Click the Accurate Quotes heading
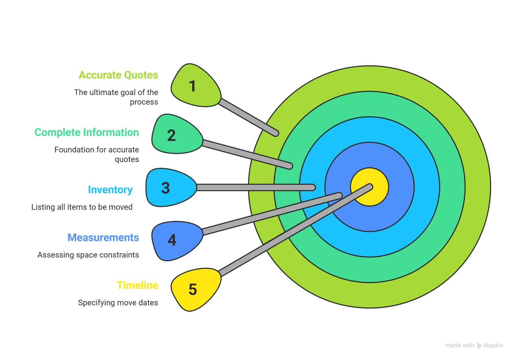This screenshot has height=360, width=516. click(118, 75)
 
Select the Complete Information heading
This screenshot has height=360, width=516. click(86, 133)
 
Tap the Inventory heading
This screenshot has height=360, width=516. click(110, 190)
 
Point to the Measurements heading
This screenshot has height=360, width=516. click(103, 238)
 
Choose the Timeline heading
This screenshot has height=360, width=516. click(137, 285)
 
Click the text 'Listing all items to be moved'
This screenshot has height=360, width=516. click(82, 207)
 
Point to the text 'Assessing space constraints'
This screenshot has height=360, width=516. click(88, 255)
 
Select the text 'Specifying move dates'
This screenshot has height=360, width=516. click(118, 303)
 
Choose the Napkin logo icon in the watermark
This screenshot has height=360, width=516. click(479, 345)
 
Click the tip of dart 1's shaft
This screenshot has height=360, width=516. click(276, 133)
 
